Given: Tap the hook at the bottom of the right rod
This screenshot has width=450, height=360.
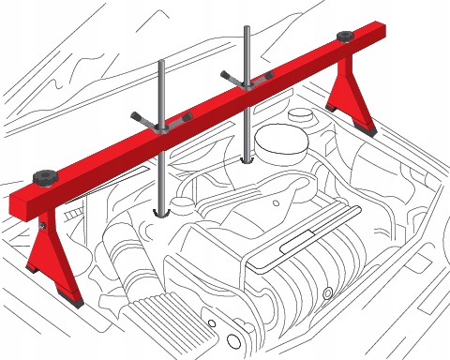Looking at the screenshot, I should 247,160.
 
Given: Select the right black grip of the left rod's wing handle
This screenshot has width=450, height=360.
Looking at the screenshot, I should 187,117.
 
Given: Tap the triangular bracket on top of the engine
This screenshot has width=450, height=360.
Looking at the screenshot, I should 277,193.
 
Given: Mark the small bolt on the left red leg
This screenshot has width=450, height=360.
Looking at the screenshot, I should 43,226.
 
